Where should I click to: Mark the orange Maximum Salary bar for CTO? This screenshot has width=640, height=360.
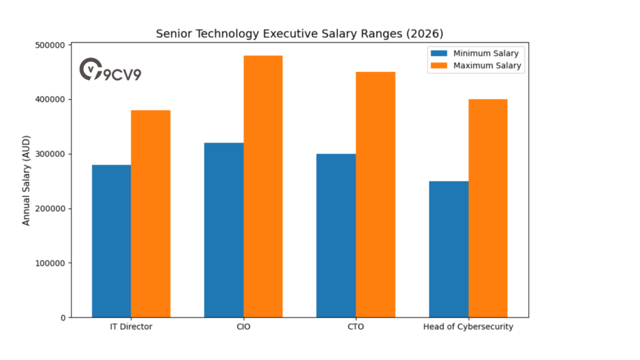tap(376, 194)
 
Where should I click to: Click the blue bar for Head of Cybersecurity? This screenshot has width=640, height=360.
tap(449, 249)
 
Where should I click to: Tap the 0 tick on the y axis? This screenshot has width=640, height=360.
tap(62, 317)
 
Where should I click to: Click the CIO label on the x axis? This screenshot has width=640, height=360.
tap(244, 327)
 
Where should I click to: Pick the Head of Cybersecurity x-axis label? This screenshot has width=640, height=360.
tap(468, 327)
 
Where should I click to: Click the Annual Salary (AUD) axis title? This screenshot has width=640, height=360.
tap(26, 181)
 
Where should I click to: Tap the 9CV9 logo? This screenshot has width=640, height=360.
tap(110, 71)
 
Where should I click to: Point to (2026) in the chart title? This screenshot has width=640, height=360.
tap(422, 33)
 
